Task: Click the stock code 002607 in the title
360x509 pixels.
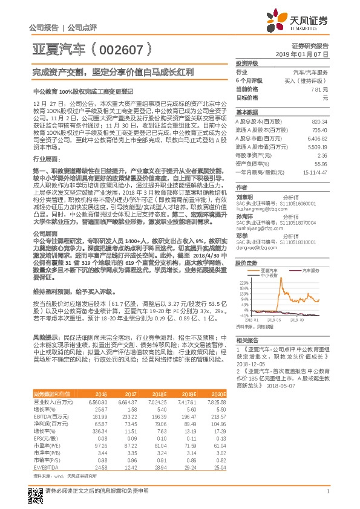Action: coord(118,47)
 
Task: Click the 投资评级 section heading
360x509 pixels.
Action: coord(247,63)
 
